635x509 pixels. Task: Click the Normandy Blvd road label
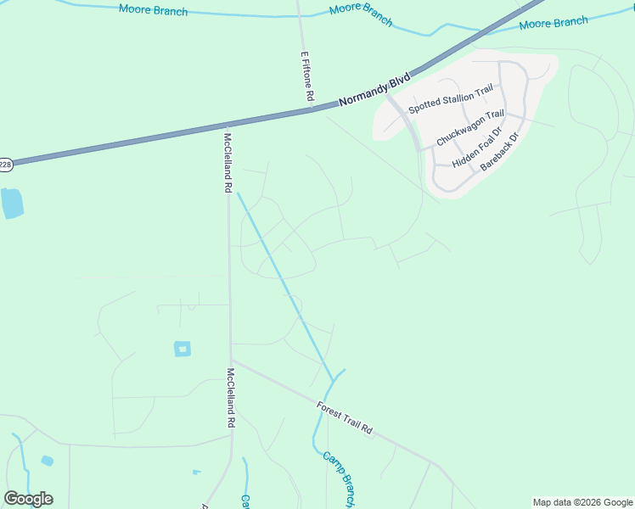374,89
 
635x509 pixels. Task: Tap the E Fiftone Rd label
307,76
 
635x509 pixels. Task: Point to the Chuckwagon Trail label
470,127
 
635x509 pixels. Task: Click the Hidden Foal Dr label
477,149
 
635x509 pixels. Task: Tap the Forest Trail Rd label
345,417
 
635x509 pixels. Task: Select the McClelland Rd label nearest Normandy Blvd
228,162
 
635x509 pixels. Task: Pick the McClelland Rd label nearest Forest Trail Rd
231,397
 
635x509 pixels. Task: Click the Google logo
28,499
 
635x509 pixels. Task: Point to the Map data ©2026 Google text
583,502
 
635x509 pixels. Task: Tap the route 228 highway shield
5,164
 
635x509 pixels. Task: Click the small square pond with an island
183,349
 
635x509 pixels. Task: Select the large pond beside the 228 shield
12,203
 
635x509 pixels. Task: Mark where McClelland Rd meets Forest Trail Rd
232,360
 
